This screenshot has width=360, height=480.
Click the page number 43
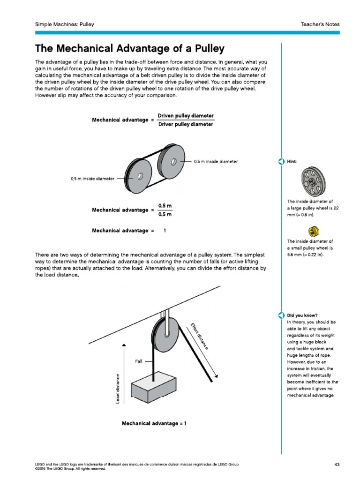[x=337, y=464]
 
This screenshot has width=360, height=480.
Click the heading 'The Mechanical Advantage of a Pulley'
[x=130, y=49]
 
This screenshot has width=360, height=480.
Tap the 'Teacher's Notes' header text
[x=321, y=24]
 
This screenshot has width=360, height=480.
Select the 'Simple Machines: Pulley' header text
[x=65, y=24]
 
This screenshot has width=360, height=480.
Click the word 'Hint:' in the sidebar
[x=292, y=162]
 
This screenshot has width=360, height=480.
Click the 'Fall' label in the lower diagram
[x=139, y=361]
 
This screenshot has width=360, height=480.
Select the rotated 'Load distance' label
[x=118, y=387]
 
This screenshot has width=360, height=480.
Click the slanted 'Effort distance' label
[x=199, y=336]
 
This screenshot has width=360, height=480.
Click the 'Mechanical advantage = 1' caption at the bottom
[x=154, y=423]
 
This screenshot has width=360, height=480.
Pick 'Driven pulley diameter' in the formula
[x=186, y=115]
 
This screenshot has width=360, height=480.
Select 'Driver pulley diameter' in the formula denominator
[x=186, y=125]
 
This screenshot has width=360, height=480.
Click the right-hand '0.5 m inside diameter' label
[x=216, y=162]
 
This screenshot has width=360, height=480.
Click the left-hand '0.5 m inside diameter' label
[x=92, y=178]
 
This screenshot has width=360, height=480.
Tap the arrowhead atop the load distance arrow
[x=124, y=346]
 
